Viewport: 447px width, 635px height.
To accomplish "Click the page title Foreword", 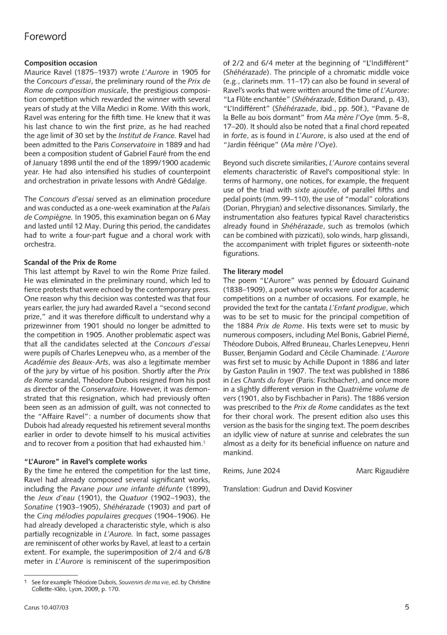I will tap(45, 37).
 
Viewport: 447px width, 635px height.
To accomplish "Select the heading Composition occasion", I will tap(61, 63).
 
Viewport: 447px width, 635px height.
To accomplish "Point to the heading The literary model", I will tap(250, 272).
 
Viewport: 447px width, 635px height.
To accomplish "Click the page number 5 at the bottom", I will tap(407, 607).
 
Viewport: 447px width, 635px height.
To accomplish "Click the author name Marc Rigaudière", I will tap(382, 471).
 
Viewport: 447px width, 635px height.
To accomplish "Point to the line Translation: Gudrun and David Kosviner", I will tap(288, 489).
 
